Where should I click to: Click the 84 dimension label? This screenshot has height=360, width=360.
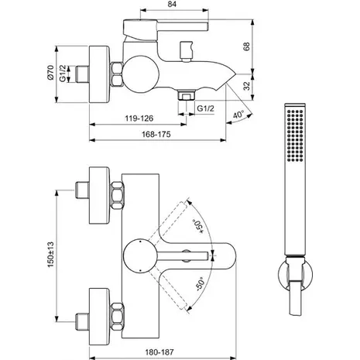tap(172, 5)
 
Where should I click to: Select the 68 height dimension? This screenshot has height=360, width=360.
tap(247, 46)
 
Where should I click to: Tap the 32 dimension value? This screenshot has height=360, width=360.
tap(247, 86)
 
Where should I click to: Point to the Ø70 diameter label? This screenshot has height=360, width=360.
tap(50, 73)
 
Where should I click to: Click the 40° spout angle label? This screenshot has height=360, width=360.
tap(238, 115)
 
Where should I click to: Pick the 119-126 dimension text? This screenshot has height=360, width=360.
tap(139, 118)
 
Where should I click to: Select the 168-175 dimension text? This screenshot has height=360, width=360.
tap(156, 134)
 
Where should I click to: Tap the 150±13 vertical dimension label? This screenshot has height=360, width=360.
tap(50, 255)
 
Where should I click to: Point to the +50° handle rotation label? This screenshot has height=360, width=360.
tap(198, 227)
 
